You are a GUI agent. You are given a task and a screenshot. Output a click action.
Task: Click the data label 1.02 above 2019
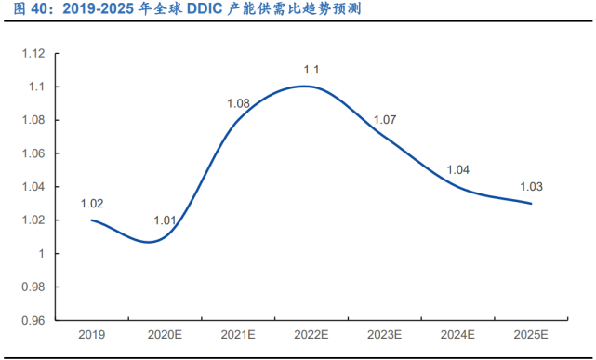point(91,203)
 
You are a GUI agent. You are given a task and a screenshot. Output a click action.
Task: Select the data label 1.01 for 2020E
point(165,220)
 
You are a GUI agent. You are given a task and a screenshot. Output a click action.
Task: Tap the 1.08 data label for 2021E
point(238,102)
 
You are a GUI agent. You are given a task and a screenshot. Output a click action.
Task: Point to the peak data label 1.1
point(311,70)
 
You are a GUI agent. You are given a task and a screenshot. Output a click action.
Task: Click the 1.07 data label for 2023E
point(384,120)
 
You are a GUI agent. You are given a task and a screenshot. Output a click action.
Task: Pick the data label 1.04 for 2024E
point(458,169)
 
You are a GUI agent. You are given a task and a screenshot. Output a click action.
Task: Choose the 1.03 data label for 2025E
point(531,186)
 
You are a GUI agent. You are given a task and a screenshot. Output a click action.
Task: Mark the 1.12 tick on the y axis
point(33,54)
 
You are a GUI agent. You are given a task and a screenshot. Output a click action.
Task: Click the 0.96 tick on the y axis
point(33,320)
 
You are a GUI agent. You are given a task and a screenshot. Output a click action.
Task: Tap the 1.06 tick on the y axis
point(33,153)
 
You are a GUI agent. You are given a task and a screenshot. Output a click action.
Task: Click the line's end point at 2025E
point(531,204)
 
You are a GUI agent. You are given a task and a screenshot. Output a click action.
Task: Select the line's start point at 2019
point(91,220)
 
